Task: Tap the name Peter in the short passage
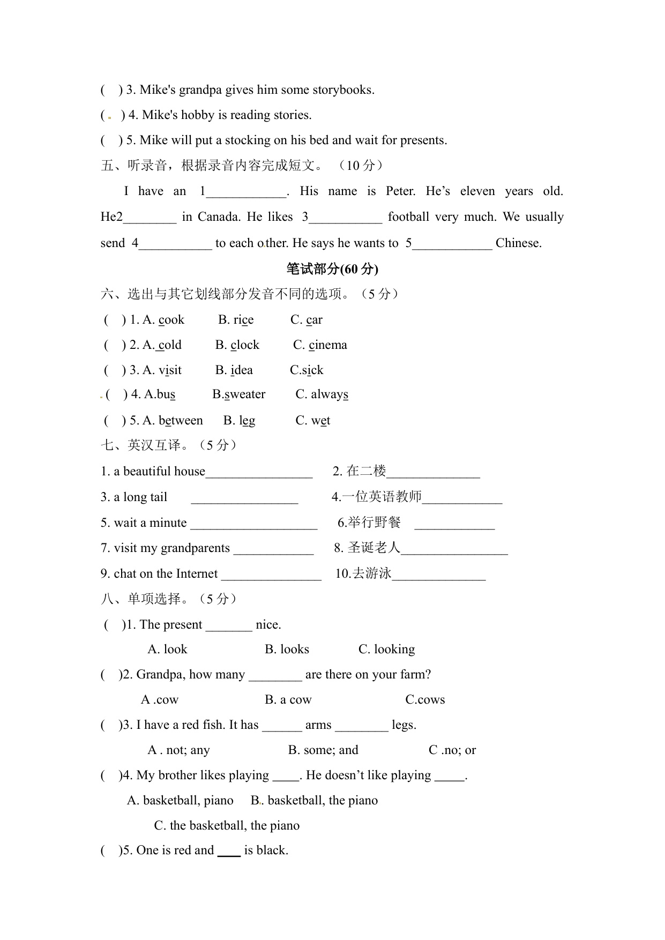coord(400,191)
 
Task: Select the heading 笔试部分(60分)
coord(332,269)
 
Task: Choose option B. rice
coord(236,320)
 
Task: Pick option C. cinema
coord(320,345)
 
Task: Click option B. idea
coord(234,370)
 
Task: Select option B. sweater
coord(239,394)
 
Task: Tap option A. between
coord(173,421)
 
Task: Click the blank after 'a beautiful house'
coord(259,473)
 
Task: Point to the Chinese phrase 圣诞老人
coord(373,548)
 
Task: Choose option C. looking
coord(386,650)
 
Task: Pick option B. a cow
coord(288,700)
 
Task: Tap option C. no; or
coord(452,750)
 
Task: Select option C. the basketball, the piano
coord(227,826)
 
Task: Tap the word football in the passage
coord(409,217)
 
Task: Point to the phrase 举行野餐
coord(374,523)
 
